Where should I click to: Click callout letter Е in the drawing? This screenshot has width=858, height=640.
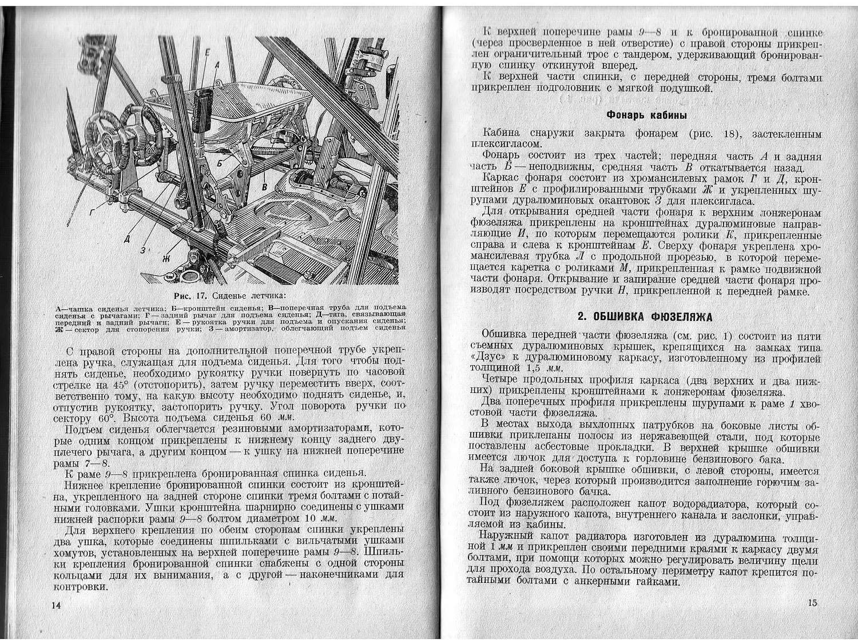pyautogui.click(x=207, y=53)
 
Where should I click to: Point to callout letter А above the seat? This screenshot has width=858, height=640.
pyautogui.click(x=217, y=66)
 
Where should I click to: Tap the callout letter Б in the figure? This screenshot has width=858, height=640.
pyautogui.click(x=220, y=163)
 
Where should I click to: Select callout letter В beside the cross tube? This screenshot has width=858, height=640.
pyautogui.click(x=264, y=186)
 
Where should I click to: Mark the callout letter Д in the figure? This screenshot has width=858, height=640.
pyautogui.click(x=127, y=239)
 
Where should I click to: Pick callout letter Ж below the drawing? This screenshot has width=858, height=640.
pyautogui.click(x=166, y=258)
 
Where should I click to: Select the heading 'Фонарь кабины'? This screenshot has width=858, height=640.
pyautogui.click(x=646, y=114)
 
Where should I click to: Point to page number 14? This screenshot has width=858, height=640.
pyautogui.click(x=56, y=605)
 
